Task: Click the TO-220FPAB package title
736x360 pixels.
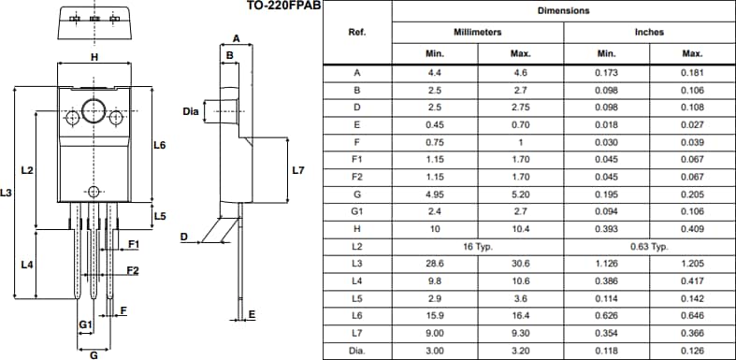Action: tap(270, 7)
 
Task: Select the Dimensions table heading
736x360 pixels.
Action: tap(563, 11)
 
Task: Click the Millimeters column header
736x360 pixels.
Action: tap(477, 32)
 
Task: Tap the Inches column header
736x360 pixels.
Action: tap(649, 32)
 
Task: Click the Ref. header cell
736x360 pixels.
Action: tap(356, 32)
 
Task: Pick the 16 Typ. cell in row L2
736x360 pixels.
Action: tap(477, 247)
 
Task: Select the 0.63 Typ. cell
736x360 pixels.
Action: tap(649, 247)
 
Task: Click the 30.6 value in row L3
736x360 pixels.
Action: tap(521, 265)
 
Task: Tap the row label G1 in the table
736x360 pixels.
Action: tap(356, 211)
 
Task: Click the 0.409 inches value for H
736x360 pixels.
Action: tap(692, 229)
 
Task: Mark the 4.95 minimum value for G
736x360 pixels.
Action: tap(434, 194)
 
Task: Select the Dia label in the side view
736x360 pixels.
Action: tap(191, 111)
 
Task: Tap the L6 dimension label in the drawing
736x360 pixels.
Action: tap(159, 145)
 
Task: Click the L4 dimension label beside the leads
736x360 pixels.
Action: tap(27, 265)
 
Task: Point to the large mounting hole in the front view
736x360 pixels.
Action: tap(93, 110)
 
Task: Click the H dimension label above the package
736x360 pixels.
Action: tap(94, 57)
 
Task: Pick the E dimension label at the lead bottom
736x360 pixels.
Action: tap(252, 316)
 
